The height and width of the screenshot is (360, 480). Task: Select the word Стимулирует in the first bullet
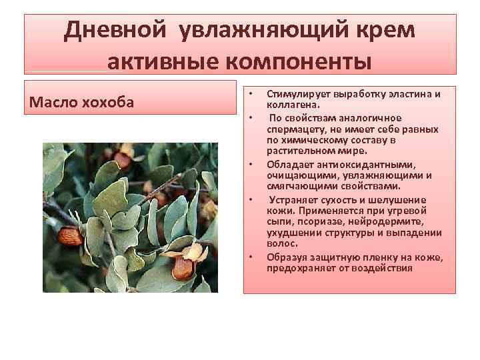click(x=298, y=94)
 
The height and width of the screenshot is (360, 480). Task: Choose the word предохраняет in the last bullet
click(x=300, y=268)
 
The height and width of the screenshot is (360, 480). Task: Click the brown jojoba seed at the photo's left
click(x=69, y=236)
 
